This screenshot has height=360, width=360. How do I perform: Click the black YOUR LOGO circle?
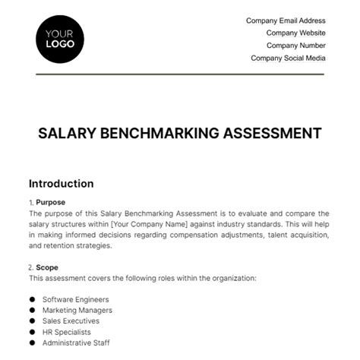coord(60,39)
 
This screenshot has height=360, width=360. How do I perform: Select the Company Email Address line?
coord(286,21)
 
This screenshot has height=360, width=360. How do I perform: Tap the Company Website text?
coord(295,33)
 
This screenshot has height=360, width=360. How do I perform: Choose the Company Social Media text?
coord(288,58)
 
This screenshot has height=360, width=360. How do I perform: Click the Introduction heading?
coord(61,184)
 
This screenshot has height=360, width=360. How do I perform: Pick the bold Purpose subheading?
coord(51,202)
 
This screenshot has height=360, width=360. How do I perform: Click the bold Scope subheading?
coord(47,267)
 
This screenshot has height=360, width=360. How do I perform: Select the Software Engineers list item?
coord(76,299)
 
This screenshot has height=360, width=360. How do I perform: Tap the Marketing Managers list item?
coord(77,310)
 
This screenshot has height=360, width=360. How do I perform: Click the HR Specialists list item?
coord(67,332)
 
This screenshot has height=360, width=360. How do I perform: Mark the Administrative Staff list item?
coord(76,343)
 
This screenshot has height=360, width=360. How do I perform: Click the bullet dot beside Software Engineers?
coord(32,299)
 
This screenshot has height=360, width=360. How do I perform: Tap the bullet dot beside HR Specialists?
coord(32,332)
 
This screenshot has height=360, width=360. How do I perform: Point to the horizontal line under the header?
coord(179,74)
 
